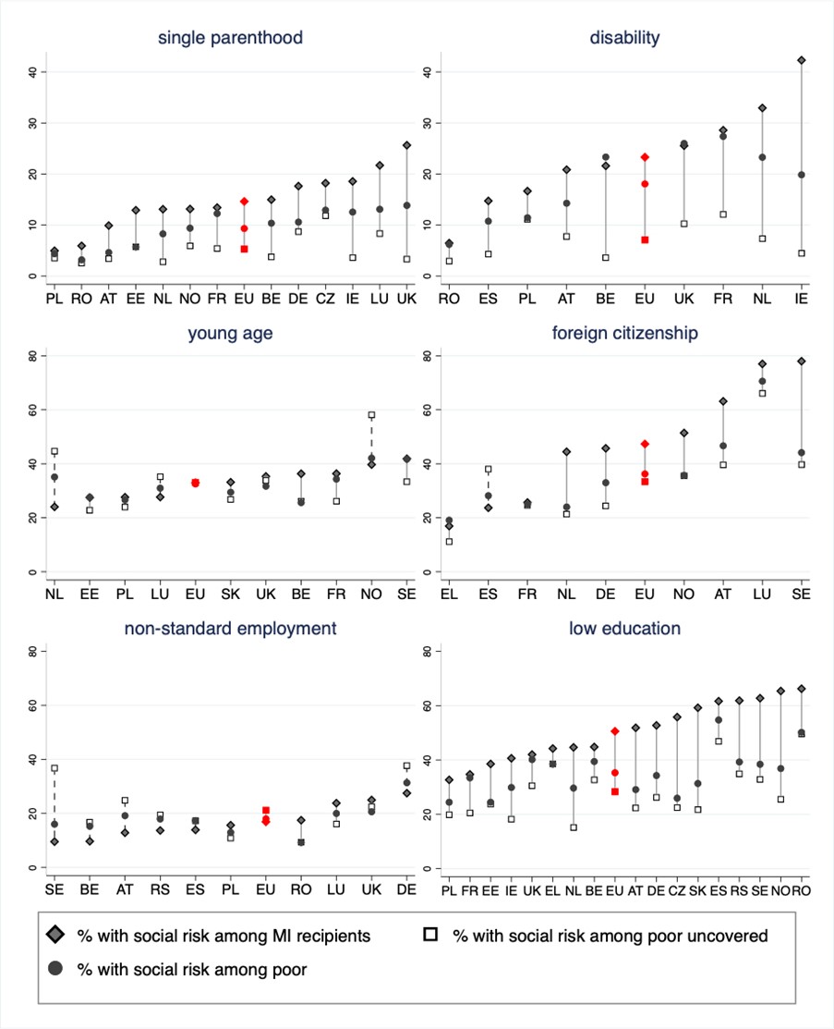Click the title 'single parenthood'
pos(230,38)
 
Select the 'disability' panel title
pos(624,38)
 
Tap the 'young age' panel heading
pos(230,334)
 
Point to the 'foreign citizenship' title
pos(624,334)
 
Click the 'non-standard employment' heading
pos(230,629)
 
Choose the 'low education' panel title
pos(624,629)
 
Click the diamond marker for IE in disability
pos(802,60)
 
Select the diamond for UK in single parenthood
pos(406,145)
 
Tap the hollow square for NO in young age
pos(372,415)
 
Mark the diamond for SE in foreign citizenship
pos(802,361)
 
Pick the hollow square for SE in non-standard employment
pos(54,768)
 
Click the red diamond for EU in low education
pos(615,731)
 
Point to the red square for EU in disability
pos(646,239)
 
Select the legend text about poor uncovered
pos(610,937)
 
